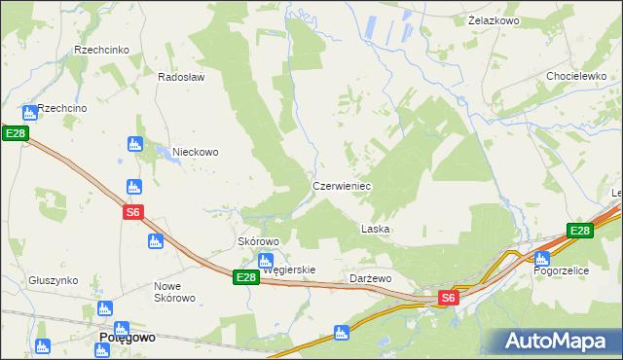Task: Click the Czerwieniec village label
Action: (341, 185)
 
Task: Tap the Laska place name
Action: (375, 230)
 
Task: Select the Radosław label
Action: (181, 77)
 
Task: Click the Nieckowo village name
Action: (195, 152)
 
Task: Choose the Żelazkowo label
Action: (493, 20)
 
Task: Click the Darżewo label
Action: (370, 278)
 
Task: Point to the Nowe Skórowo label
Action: (175, 292)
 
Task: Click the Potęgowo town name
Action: (128, 338)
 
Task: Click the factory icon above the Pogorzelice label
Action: (542, 258)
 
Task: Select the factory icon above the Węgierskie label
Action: (265, 260)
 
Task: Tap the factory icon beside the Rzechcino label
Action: (27, 110)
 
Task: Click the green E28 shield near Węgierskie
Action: (246, 277)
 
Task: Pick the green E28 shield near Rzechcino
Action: (13, 133)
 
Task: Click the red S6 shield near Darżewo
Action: (447, 299)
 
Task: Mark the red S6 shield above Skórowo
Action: (134, 213)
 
